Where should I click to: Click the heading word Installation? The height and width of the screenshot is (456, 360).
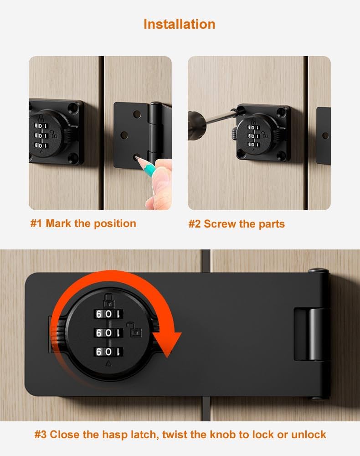coord(179,24)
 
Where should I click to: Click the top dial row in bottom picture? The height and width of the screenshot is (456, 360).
coord(108,314)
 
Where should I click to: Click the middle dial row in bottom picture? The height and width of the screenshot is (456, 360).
coord(108,333)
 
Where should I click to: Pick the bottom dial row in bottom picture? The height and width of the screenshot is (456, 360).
coord(108,352)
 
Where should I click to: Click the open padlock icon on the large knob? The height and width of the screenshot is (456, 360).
coord(136,330)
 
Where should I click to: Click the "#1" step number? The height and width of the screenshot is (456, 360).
coord(36,223)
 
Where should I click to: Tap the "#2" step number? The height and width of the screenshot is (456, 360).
coord(195,224)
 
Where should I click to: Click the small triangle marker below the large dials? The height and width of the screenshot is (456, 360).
coord(108,363)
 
